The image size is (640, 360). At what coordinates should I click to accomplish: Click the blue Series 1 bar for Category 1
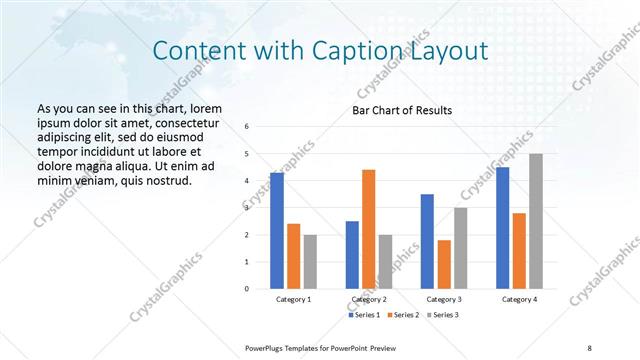pos(277,230)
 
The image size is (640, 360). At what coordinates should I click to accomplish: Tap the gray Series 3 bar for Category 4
pos(536,221)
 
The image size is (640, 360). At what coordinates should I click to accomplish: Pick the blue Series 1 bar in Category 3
pos(428,241)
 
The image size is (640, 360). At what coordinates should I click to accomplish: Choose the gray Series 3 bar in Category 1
pos(311,261)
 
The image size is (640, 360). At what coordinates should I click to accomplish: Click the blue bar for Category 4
pos(502,227)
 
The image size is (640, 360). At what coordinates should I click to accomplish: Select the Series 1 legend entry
pos(364,315)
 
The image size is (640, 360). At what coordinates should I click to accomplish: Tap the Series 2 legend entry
pos(404,315)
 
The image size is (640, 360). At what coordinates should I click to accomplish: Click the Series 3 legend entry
pos(444,315)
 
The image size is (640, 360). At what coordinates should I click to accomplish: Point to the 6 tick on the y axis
pos(247,126)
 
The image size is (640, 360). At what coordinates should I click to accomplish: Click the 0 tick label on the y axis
pos(247,288)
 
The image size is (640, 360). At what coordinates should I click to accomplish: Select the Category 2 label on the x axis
pos(369,299)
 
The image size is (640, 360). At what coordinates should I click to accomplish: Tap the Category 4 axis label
pos(519,299)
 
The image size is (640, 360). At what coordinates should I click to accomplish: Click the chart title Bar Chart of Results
pos(403,109)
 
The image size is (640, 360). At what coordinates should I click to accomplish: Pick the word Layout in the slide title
pos(451,50)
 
